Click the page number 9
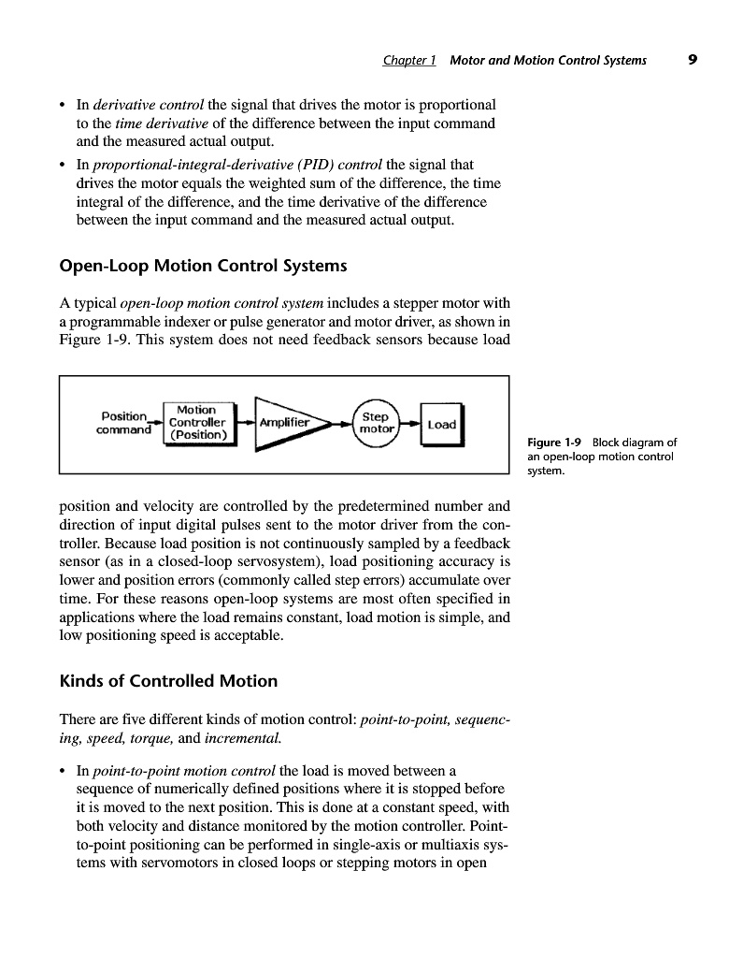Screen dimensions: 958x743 [692, 60]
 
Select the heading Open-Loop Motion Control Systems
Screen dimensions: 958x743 [203, 267]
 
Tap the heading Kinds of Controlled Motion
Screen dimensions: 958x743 [168, 680]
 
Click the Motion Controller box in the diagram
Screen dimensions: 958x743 [197, 423]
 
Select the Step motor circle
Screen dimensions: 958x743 [375, 423]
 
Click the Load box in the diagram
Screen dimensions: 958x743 [441, 424]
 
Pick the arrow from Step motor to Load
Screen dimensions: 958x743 [410, 423]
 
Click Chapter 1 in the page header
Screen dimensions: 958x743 [409, 61]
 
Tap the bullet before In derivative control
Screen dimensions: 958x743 [64, 104]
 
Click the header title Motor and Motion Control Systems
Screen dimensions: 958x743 [548, 61]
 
